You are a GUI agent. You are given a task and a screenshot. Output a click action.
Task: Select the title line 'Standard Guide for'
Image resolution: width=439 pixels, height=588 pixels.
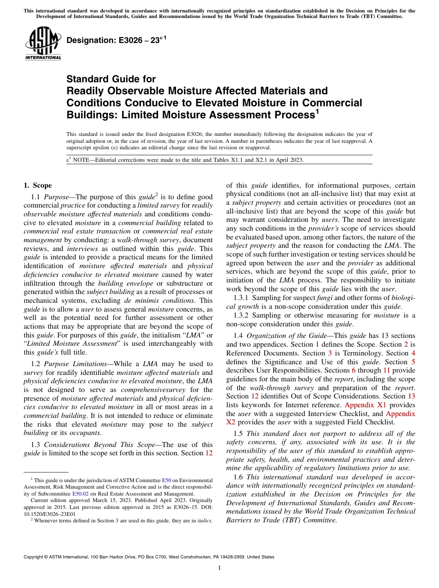[111, 79]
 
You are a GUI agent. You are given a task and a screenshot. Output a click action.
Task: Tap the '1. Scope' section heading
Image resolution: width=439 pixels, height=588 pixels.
[38, 186]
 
